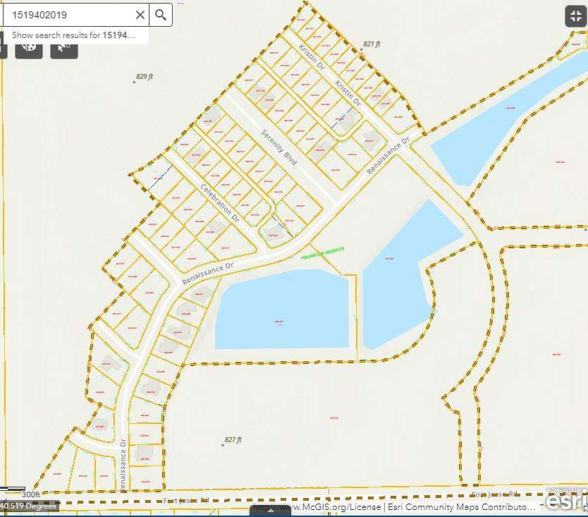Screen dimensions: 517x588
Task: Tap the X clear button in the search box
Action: tap(140, 15)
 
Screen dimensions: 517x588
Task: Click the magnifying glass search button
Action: tap(161, 15)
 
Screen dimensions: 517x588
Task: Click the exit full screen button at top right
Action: tap(575, 17)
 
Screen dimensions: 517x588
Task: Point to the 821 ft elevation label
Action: tap(372, 44)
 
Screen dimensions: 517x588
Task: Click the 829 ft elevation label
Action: tap(144, 76)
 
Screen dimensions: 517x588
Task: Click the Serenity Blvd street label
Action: tap(279, 147)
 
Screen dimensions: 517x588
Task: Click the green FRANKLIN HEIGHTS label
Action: tap(322, 253)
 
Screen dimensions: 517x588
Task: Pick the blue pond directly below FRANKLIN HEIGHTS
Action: tap(282, 310)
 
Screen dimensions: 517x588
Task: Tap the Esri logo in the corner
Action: tap(566, 500)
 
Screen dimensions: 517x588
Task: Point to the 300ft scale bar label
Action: tap(30, 494)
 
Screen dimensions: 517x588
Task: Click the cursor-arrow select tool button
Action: tap(63, 46)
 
